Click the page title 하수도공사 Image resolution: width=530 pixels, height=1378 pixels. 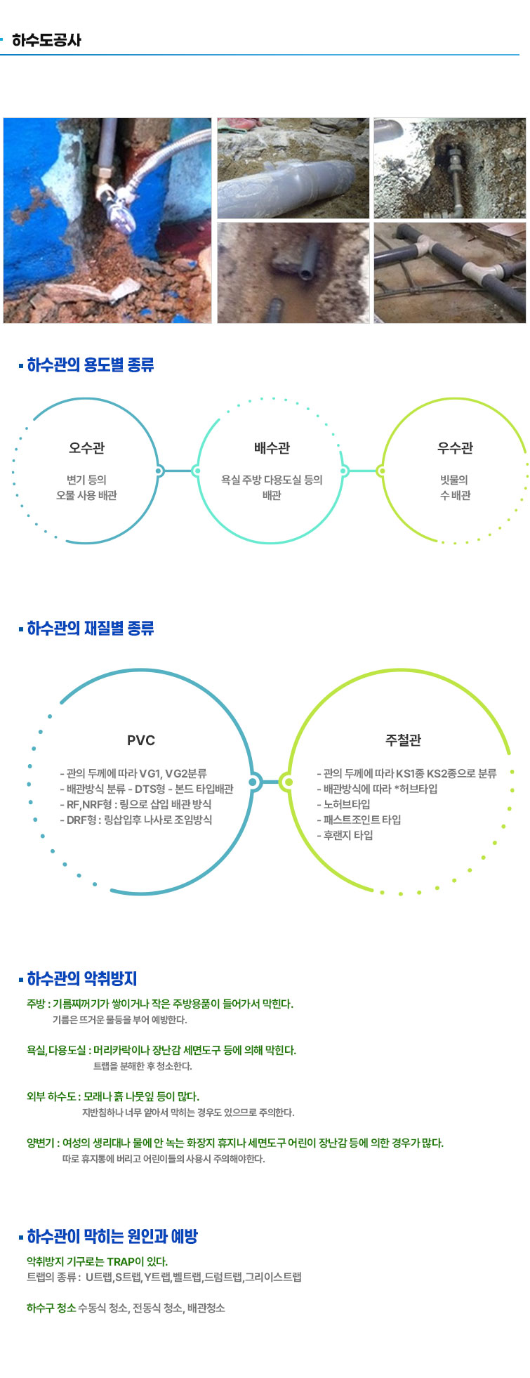(46, 40)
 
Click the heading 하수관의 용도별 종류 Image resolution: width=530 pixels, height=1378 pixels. (90, 365)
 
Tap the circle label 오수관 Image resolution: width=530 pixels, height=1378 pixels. (86, 448)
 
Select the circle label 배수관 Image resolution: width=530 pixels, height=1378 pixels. (272, 448)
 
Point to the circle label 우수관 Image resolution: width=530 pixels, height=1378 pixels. (455, 448)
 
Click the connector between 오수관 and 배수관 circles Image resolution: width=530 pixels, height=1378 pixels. (178, 471)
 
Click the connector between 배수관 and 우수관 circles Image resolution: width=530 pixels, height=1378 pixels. (362, 471)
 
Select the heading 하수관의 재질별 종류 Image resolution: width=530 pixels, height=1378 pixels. (90, 629)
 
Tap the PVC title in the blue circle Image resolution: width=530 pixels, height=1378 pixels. (141, 740)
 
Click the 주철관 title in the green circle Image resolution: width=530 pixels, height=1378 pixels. (403, 740)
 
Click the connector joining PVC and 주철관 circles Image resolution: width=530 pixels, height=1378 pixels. (271, 781)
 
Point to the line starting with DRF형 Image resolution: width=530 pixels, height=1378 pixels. (136, 820)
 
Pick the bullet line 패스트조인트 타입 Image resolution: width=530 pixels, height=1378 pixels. (359, 820)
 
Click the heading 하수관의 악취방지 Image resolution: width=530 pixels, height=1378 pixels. (81, 979)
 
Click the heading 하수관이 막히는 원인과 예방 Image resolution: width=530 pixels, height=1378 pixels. (112, 1237)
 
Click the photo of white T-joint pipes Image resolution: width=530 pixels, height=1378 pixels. (449, 273)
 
